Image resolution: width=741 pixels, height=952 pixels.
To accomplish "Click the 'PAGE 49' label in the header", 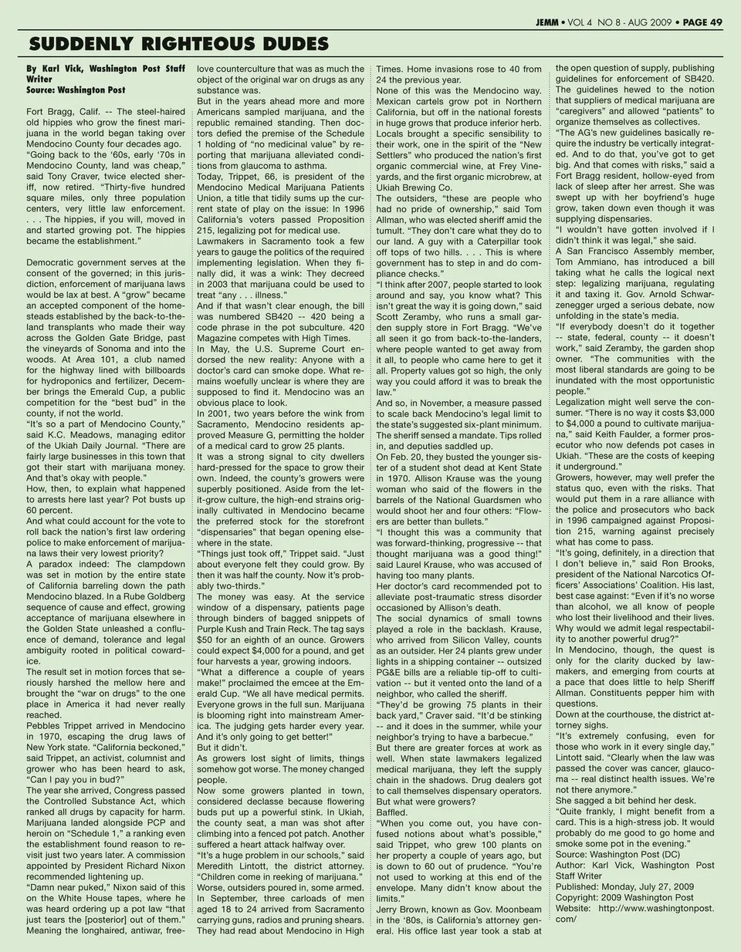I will point(702,22).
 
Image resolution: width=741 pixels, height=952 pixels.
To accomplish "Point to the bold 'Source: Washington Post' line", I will point(76,90).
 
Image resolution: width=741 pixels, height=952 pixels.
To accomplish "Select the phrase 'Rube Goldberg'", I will point(147,596).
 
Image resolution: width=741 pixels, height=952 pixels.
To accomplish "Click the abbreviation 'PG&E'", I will point(391,672).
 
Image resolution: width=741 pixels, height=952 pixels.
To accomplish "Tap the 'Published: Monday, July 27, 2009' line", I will point(624,886).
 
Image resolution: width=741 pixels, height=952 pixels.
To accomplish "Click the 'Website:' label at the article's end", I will point(574,908).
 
